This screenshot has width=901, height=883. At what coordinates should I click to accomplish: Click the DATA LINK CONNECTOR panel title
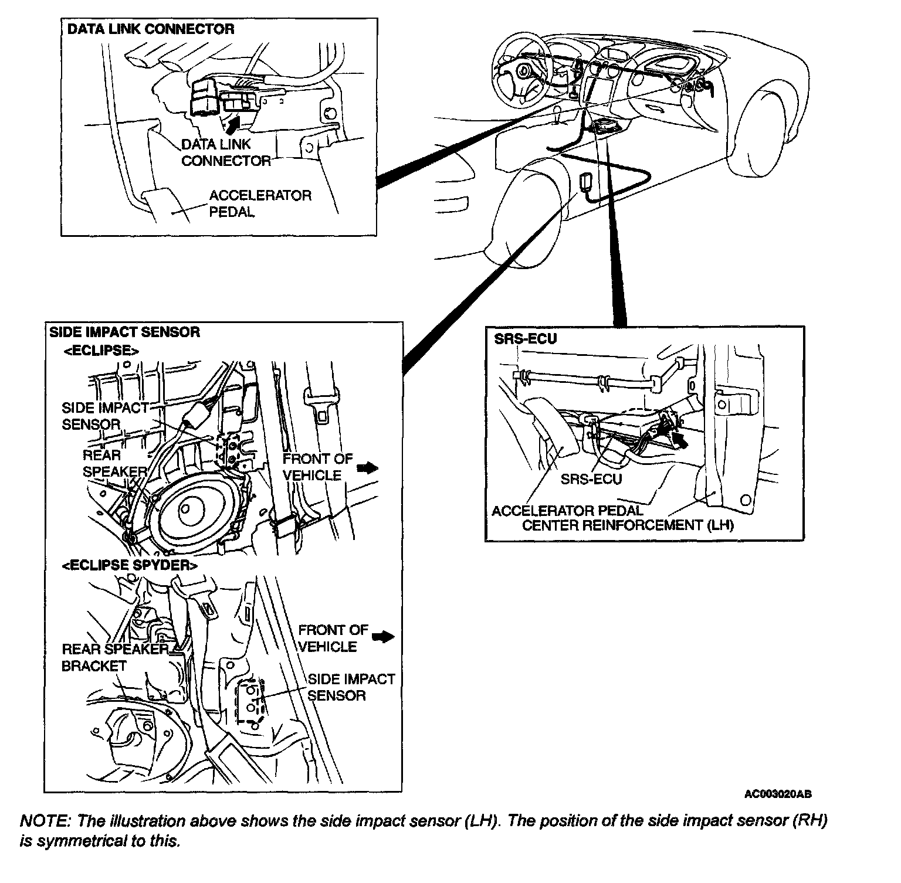click(150, 29)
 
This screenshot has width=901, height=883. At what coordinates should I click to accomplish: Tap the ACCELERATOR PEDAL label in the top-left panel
click(260, 203)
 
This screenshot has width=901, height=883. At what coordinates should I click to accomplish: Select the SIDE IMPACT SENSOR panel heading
click(124, 332)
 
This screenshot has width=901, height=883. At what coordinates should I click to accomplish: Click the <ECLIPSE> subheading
click(101, 351)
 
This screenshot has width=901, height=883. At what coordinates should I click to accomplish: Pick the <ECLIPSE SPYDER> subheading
click(129, 565)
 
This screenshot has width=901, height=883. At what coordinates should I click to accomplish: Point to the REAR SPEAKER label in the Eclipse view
click(114, 463)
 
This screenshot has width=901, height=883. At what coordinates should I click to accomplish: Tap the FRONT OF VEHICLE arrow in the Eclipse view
click(368, 467)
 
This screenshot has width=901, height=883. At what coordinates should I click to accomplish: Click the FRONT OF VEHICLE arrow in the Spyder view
click(384, 637)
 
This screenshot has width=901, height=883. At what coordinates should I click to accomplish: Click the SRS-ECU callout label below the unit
click(591, 478)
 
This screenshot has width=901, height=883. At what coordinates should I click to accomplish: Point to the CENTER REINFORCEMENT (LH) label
click(628, 525)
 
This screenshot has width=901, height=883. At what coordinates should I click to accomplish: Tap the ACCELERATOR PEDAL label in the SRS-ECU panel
click(567, 511)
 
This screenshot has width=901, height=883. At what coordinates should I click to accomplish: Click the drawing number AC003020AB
click(778, 794)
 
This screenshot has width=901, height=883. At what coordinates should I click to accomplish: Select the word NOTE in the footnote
click(43, 821)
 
